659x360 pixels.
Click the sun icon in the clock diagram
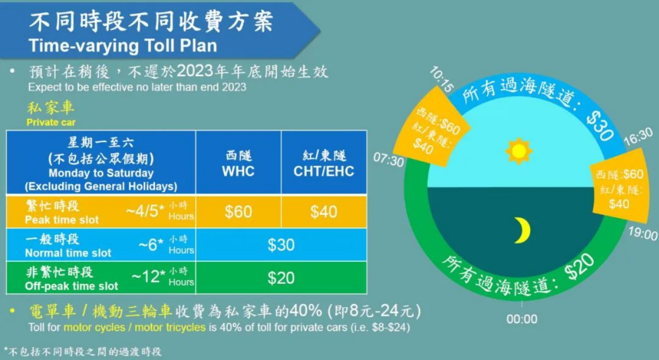point(518,151)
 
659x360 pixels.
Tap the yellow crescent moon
point(523,231)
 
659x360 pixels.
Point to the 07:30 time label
point(388,160)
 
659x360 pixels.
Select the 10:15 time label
point(442,79)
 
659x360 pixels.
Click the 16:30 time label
point(638,136)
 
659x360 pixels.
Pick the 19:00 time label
point(643,234)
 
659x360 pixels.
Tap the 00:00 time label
point(522,319)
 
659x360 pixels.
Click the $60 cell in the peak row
point(238,212)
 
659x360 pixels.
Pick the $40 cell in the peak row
point(324,212)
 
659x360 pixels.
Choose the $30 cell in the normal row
point(281,245)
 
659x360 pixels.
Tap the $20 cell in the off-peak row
point(281,278)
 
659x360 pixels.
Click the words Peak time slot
point(62,220)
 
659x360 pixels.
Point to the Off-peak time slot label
point(72,286)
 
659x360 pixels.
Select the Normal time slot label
point(68,253)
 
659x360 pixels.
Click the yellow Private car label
point(51,122)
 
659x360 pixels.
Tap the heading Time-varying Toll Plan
point(123,46)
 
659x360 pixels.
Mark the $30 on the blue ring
point(600,127)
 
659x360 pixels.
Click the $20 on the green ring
point(580,266)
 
